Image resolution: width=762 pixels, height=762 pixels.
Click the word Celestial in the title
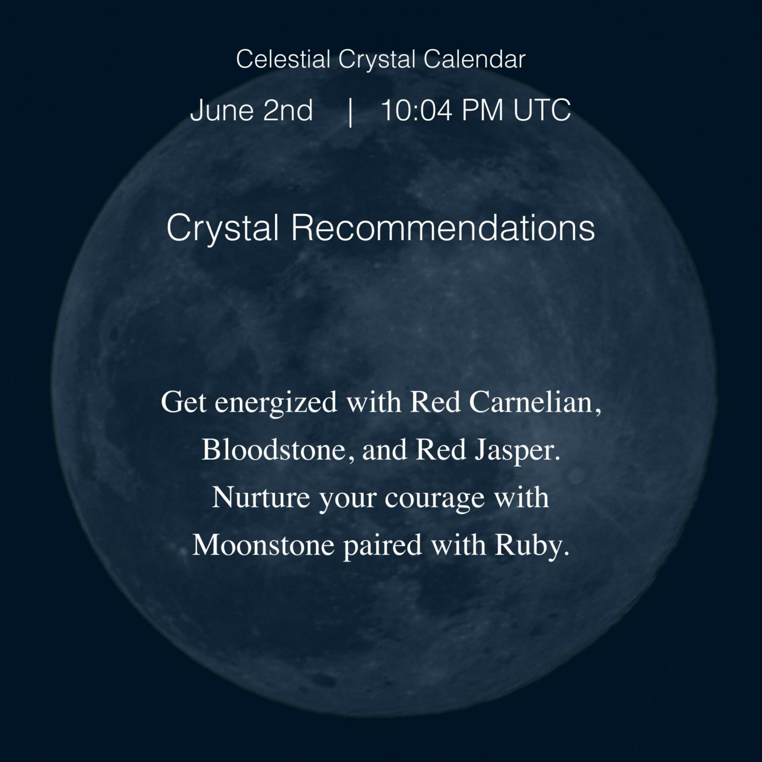click(283, 59)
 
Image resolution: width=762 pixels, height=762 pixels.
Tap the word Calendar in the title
click(475, 59)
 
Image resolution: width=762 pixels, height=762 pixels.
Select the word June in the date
click(221, 110)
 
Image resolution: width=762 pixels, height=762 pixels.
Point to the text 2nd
click(288, 110)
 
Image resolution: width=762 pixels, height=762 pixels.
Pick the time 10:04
click(417, 110)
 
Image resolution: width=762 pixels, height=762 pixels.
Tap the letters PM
click(483, 110)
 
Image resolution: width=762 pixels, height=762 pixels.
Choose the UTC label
click(542, 110)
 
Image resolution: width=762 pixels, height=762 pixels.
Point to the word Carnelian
click(535, 403)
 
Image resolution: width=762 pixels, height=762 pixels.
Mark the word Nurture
click(261, 497)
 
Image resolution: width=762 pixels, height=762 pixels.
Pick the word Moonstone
click(264, 545)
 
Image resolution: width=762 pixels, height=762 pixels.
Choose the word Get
click(184, 403)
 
